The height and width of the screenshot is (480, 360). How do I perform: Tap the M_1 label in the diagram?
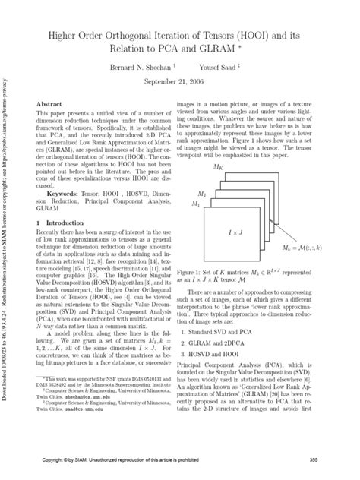point(196,204)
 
